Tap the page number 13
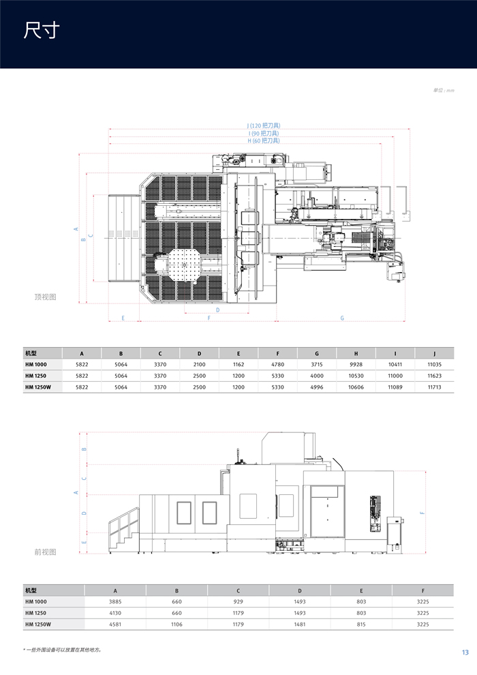465,652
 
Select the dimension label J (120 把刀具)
263,125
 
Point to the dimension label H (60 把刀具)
263,140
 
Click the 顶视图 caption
45,297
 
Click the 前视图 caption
45,552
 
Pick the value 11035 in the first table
434,365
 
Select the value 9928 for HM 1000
356,365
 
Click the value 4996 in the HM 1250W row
317,387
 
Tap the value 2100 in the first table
199,365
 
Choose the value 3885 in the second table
114,601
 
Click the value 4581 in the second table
114,624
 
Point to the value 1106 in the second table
176,624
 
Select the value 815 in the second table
361,624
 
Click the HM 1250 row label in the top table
36,376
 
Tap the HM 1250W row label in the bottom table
38,624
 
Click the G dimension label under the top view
341,318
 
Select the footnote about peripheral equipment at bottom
63,650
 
